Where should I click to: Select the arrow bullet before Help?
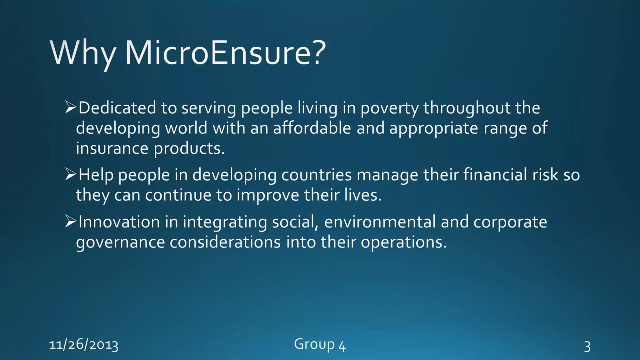(71, 174)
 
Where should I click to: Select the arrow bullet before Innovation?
(71, 221)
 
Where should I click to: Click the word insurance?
(112, 148)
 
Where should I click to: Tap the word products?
(189, 148)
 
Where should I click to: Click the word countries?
(316, 175)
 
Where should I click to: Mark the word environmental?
(380, 222)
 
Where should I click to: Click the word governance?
(120, 243)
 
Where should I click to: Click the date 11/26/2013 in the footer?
(84, 345)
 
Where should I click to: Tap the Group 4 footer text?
(320, 345)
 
